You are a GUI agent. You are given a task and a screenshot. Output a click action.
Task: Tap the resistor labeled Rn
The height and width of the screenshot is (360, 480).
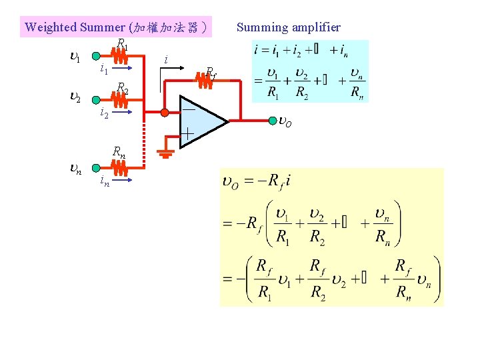pyautogui.click(x=119, y=167)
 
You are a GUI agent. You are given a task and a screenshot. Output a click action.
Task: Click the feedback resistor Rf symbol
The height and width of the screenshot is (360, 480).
pyautogui.click(x=203, y=80)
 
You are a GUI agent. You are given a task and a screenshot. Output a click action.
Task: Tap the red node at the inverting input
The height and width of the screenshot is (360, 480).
pyautogui.click(x=165, y=112)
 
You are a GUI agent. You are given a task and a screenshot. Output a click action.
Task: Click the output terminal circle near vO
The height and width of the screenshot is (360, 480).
pyautogui.click(x=273, y=121)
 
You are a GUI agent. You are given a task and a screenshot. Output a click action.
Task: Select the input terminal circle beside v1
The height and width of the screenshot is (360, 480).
pyautogui.click(x=97, y=57)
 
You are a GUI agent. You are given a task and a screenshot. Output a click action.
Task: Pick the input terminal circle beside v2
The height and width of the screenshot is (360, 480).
pyautogui.click(x=97, y=99)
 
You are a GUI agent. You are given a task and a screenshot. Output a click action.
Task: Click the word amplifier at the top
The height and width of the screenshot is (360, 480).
pyautogui.click(x=315, y=27)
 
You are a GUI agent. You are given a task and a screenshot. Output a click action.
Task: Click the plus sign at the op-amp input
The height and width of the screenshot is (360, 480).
pyautogui.click(x=188, y=135)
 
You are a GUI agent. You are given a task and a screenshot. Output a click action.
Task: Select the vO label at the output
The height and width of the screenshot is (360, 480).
pyautogui.click(x=285, y=123)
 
